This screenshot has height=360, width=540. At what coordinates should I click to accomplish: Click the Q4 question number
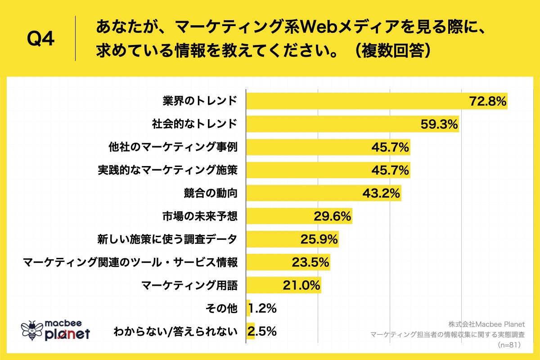(41, 39)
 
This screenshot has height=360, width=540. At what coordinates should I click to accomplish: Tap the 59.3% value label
(439, 124)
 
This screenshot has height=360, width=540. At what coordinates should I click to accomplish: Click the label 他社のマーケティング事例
(173, 147)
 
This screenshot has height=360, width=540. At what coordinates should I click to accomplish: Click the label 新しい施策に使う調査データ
(167, 239)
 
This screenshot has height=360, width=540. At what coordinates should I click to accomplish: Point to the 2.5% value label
(262, 332)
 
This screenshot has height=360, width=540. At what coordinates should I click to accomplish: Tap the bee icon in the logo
(31, 330)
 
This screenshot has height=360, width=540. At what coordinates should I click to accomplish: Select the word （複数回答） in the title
(391, 51)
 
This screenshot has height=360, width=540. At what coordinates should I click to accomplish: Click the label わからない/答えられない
(175, 332)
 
